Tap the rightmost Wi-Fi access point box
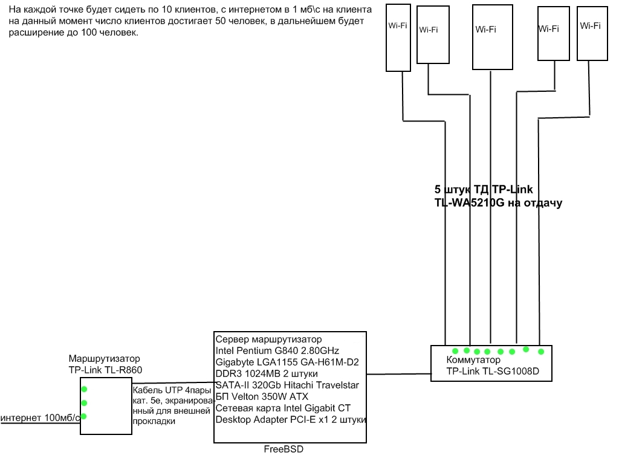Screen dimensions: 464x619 pyautogui.click(x=591, y=33)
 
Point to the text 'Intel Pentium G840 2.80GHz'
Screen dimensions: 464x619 pyautogui.click(x=277, y=351)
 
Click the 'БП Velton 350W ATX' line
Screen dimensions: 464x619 pyautogui.click(x=262, y=397)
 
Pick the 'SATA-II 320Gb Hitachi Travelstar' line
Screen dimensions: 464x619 pyautogui.click(x=287, y=385)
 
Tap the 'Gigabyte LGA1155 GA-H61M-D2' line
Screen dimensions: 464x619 pyautogui.click(x=287, y=362)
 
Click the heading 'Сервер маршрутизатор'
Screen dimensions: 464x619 pyautogui.click(x=268, y=340)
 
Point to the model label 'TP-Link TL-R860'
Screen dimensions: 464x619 pyautogui.click(x=106, y=370)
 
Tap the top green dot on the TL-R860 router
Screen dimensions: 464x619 pyautogui.click(x=85, y=389)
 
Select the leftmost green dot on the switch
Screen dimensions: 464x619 pyautogui.click(x=454, y=350)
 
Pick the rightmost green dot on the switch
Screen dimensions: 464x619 pyautogui.click(x=541, y=351)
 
